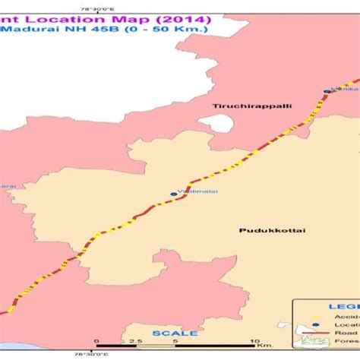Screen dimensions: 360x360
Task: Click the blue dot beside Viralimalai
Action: pyautogui.click(x=173, y=194)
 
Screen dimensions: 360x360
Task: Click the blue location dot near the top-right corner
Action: pyautogui.click(x=327, y=91)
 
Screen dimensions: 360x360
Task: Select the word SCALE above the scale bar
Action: pyautogui.click(x=175, y=333)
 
